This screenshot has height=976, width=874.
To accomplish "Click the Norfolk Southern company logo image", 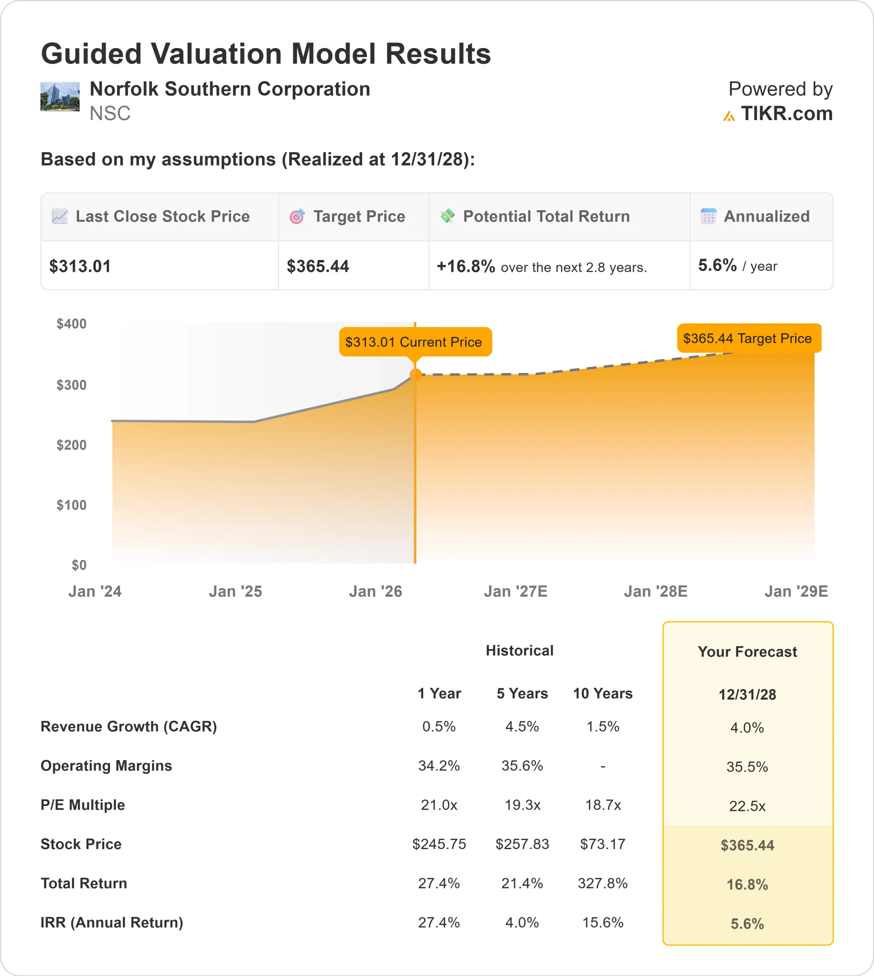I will (59, 96).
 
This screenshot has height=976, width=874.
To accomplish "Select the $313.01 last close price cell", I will (80, 266).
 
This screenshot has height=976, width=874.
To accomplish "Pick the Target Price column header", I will (359, 217).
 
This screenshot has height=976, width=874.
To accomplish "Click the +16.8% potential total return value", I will (465, 266).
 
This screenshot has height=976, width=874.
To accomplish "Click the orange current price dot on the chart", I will (415, 375).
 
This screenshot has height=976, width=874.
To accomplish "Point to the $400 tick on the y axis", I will (72, 324).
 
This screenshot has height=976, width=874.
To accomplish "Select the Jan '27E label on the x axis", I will (515, 591).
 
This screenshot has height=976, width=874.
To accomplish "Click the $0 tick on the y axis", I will (79, 565).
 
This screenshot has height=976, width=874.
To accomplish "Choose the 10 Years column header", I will (603, 693).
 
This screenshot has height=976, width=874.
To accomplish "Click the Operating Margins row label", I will (106, 766).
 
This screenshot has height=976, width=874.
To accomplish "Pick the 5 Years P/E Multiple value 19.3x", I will (522, 805).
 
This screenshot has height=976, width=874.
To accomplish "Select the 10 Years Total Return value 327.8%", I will (603, 883).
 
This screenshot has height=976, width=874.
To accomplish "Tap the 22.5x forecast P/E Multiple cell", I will (747, 806).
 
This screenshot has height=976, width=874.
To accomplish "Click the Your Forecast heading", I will (747, 652).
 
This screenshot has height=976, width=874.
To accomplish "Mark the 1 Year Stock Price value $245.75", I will (439, 844).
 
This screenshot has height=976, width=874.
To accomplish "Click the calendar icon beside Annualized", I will (708, 217).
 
